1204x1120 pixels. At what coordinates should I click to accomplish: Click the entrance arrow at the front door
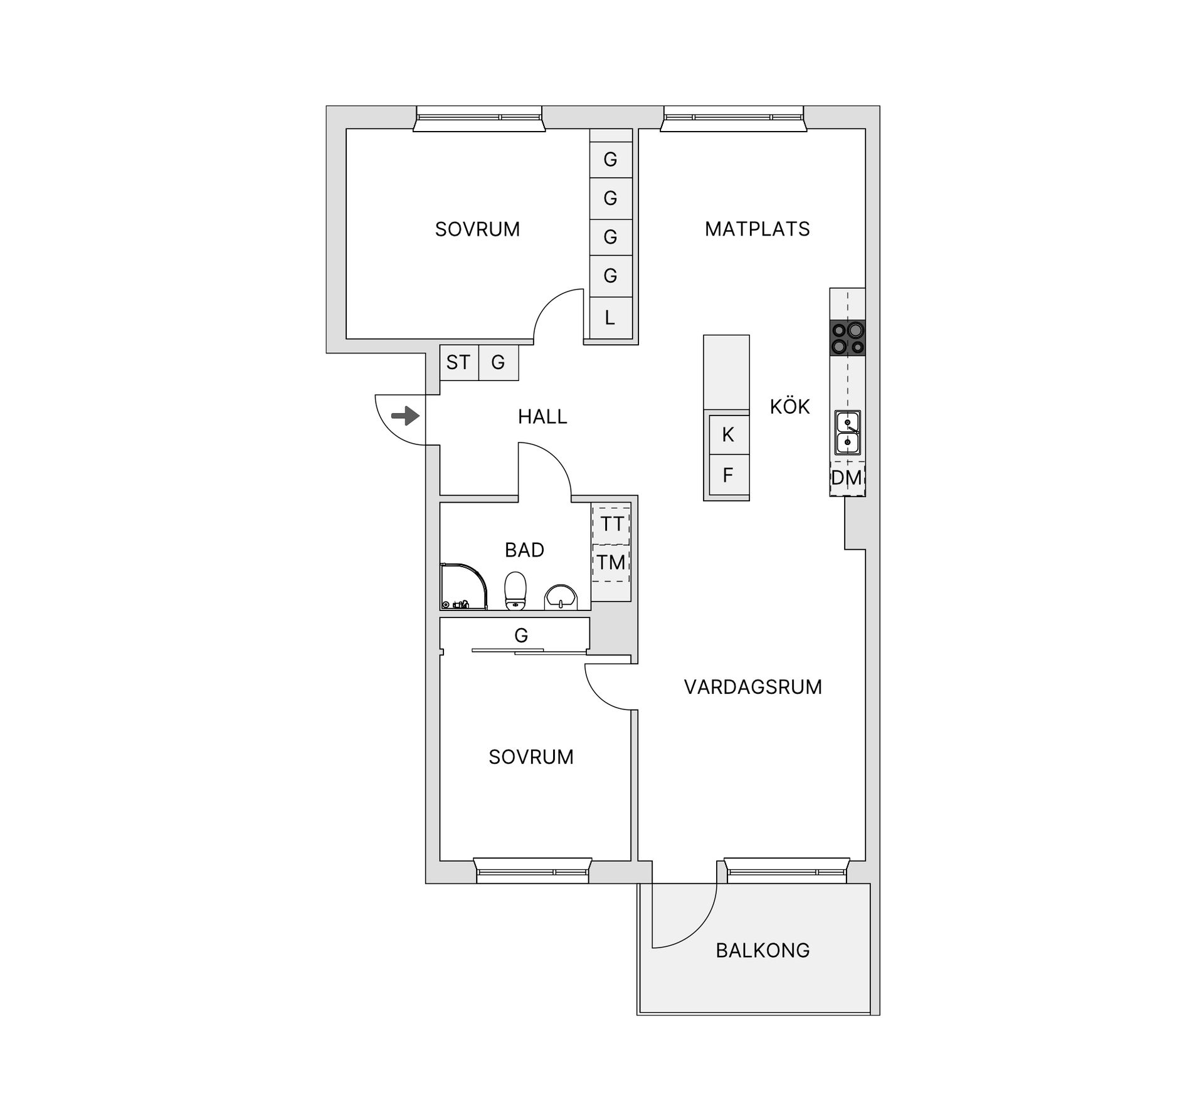tap(405, 416)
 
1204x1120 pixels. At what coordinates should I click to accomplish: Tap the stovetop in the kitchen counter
tap(847, 338)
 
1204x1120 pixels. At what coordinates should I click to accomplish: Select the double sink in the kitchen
tap(847, 432)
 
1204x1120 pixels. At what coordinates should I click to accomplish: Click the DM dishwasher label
tap(847, 478)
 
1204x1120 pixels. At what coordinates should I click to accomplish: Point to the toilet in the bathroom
tap(515, 590)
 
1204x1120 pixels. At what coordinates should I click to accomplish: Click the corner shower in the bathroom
tap(464, 586)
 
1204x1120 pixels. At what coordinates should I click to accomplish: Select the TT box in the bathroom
tap(611, 525)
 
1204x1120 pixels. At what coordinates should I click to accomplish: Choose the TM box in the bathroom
tap(611, 563)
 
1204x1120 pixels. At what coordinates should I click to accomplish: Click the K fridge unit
tap(728, 434)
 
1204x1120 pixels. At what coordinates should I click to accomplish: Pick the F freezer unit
tap(728, 475)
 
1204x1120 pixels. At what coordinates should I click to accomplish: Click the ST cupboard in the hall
tap(459, 362)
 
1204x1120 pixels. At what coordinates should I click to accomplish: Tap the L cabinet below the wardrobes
tap(610, 318)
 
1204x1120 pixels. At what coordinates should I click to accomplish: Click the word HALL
tap(542, 417)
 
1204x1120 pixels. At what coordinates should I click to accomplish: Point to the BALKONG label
tap(763, 951)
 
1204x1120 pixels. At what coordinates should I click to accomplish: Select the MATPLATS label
tap(758, 229)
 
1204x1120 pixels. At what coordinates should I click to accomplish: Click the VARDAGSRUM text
tap(753, 688)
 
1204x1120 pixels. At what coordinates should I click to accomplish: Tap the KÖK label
tap(790, 407)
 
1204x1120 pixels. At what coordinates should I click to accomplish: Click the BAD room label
tap(524, 550)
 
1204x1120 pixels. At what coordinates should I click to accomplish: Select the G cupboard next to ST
tap(499, 362)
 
